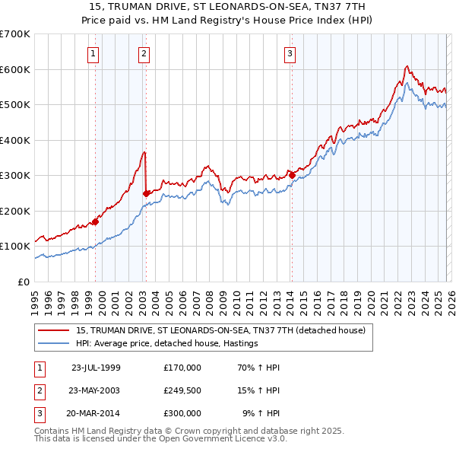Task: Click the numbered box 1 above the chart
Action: tap(93, 53)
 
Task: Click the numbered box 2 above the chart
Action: tap(144, 53)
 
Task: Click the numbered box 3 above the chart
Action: tap(290, 53)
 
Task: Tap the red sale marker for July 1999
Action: tap(96, 222)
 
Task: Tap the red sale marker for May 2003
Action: tap(147, 193)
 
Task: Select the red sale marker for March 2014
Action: tap(292, 175)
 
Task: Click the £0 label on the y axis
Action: tap(24, 282)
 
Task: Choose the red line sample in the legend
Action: tap(55, 331)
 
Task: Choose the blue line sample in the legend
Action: tap(55, 344)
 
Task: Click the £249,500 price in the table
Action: tap(182, 390)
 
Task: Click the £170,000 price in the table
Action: tap(182, 368)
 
